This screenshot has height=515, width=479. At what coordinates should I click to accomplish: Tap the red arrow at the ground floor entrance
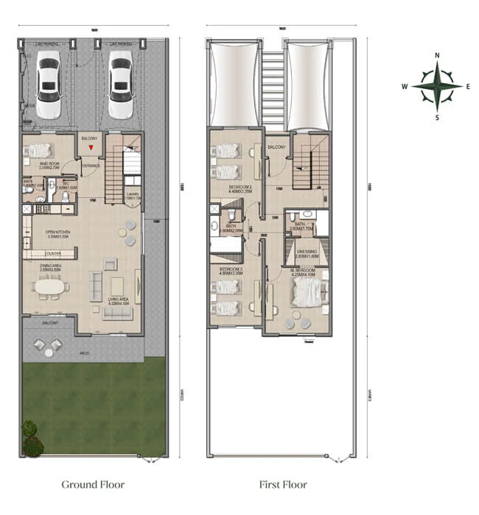[x=90, y=149]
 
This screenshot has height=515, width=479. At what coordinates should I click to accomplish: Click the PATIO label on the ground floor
[x=84, y=353]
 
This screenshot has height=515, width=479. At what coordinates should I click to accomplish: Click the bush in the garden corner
[x=32, y=438]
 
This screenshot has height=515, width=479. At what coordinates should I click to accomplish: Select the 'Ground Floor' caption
[x=93, y=485]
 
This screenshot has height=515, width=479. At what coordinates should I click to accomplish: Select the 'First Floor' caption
[x=282, y=485]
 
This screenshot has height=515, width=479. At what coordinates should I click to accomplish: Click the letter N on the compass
[x=437, y=56]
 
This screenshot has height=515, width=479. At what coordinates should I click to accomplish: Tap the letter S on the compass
[x=437, y=117]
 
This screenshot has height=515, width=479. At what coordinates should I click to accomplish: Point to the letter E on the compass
[x=468, y=86]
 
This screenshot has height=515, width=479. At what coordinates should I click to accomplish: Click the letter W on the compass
[x=405, y=86]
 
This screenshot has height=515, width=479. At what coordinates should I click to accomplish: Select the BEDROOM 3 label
[x=231, y=271]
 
